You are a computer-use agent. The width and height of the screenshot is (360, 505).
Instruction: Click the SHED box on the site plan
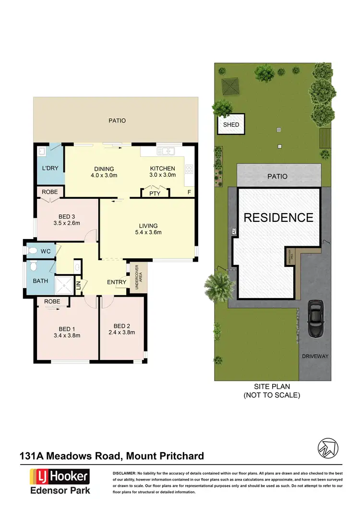(231, 125)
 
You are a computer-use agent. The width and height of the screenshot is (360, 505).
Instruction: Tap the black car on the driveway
(315, 319)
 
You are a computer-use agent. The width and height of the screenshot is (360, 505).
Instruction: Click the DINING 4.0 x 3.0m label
(104, 172)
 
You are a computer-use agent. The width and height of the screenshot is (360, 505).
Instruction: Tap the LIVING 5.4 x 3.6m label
(148, 229)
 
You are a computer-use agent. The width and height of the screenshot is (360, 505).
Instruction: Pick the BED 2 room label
(121, 328)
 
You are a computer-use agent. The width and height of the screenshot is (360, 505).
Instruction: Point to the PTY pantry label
(155, 193)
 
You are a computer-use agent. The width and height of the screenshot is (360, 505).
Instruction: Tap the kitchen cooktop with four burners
(189, 169)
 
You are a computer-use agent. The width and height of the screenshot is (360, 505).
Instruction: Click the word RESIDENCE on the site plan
(278, 217)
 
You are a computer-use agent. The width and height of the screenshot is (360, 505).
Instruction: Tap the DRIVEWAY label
(315, 356)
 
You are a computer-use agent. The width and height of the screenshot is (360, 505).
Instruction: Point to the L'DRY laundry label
(50, 169)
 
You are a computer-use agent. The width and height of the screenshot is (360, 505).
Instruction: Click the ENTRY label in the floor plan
(117, 282)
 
